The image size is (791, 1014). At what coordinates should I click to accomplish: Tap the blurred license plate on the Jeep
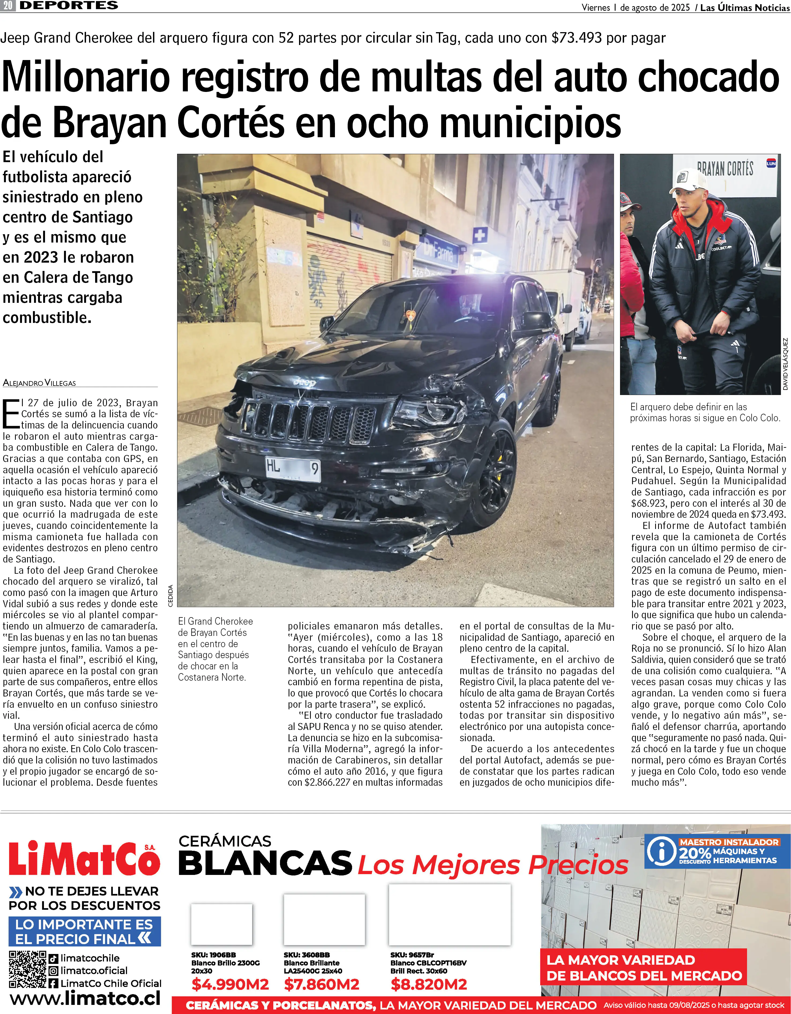tap(292, 469)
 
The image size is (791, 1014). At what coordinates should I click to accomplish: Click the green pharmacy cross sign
tap(480, 235)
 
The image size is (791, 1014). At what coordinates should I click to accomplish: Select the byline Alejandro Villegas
tap(39, 383)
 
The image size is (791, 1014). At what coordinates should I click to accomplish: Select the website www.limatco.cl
tap(85, 998)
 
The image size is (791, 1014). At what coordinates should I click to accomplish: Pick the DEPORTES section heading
tap(69, 6)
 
